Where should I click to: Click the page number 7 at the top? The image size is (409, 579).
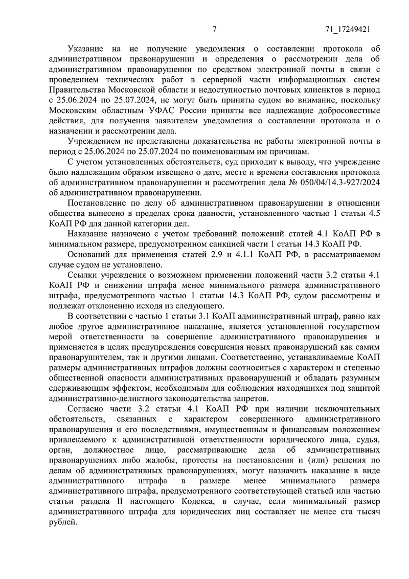[x=215, y=29]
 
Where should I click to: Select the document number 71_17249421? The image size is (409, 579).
[x=348, y=29]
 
